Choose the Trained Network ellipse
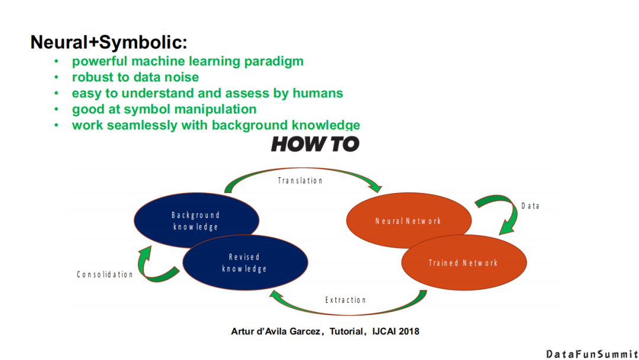(463, 263)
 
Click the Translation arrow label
(301, 180)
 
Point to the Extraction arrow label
(346, 300)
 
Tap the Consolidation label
(105, 275)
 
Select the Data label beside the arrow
(530, 206)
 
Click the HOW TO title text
(315, 144)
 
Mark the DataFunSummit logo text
(592, 353)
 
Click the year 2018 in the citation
(408, 332)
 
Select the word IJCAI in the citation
(382, 332)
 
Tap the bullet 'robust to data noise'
(135, 77)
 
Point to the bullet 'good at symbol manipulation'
(164, 109)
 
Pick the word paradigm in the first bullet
(276, 61)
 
